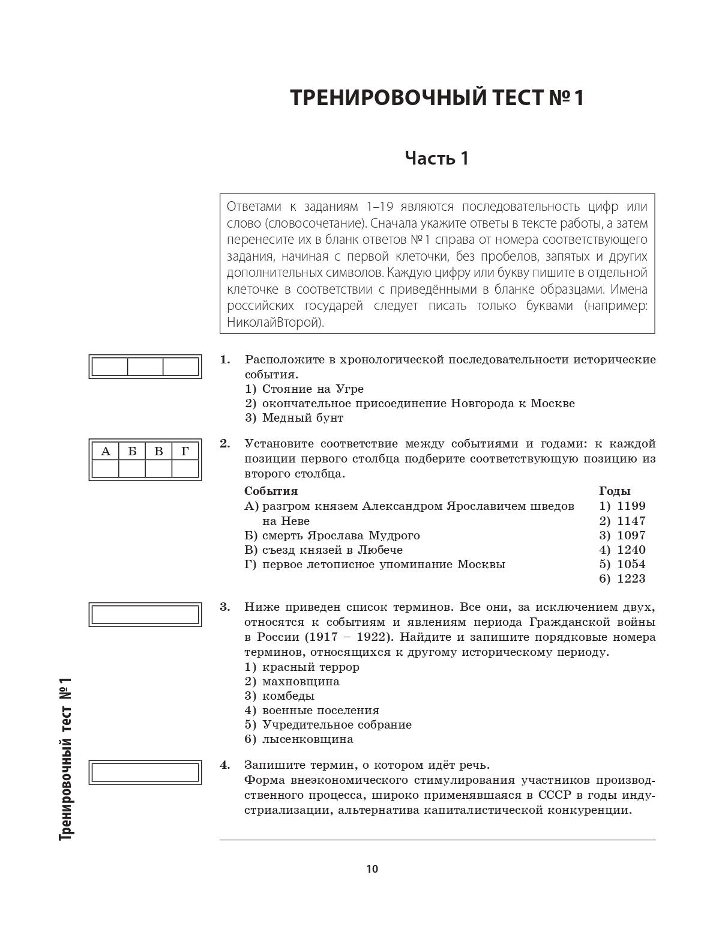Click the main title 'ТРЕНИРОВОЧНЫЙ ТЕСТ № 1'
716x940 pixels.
[437, 98]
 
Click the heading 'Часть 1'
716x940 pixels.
[436, 159]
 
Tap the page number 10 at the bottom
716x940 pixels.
[372, 869]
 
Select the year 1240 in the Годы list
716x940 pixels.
[630, 550]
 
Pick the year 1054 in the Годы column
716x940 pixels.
[630, 564]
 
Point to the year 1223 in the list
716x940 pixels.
[630, 578]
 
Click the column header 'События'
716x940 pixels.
[271, 491]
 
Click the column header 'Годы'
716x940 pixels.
[615, 491]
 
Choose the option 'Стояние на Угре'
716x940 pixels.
[313, 389]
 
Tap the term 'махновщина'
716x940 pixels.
[301, 681]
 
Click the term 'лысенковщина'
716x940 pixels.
[307, 739]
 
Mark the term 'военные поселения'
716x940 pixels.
[320, 710]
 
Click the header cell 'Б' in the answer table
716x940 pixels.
[132, 451]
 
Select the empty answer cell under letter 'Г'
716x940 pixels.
[185, 468]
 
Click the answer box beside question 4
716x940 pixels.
[145, 772]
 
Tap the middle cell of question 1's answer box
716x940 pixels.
[145, 366]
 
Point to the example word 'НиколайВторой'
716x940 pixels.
[273, 323]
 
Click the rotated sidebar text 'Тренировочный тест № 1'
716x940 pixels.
[65, 757]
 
